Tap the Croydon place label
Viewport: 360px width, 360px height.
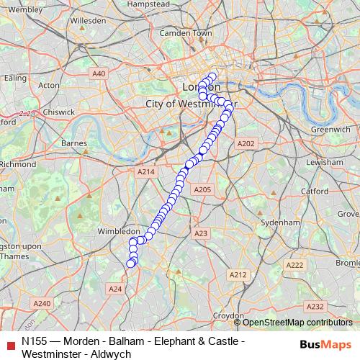(228, 315)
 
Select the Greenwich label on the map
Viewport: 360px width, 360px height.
(330, 129)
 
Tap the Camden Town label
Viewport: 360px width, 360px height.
(186, 33)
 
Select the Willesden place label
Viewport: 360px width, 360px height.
(89, 21)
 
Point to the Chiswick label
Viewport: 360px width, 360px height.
(58, 112)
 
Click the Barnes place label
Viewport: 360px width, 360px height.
(74, 143)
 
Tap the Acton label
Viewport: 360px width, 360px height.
(49, 85)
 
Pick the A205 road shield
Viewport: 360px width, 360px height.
(202, 189)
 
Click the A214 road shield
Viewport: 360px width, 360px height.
(146, 172)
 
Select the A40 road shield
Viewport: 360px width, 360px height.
(99, 73)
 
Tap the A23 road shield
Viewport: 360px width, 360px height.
(201, 233)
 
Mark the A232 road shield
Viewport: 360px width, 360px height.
(315, 306)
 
